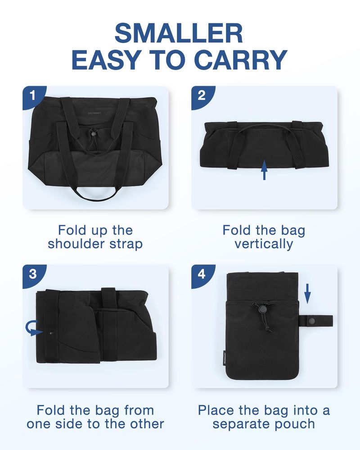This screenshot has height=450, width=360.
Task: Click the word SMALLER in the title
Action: pyautogui.click(x=179, y=33)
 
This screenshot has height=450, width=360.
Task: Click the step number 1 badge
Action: pyautogui.click(x=32, y=95)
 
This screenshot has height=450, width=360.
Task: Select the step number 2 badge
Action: pyautogui.click(x=201, y=95)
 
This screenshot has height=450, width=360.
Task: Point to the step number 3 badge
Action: pyautogui.click(x=32, y=274)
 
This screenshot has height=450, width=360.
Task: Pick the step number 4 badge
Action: pyautogui.click(x=201, y=274)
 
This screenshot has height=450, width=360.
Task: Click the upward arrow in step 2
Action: pyautogui.click(x=264, y=170)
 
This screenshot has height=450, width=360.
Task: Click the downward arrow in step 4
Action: pyautogui.click(x=307, y=294)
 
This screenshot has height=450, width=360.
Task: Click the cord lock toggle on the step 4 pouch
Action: pyautogui.click(x=261, y=309)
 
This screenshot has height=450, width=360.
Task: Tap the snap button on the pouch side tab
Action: pyautogui.click(x=313, y=320)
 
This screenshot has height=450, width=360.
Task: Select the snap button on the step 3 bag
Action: pyautogui.click(x=52, y=332)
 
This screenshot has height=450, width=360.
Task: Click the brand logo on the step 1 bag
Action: pyautogui.click(x=94, y=113)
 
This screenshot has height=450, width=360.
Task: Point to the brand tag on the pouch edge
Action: pyautogui.click(x=225, y=357)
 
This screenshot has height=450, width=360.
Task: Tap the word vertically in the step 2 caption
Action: pyautogui.click(x=264, y=244)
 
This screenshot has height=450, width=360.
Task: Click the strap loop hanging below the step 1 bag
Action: pyautogui.click(x=96, y=194)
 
